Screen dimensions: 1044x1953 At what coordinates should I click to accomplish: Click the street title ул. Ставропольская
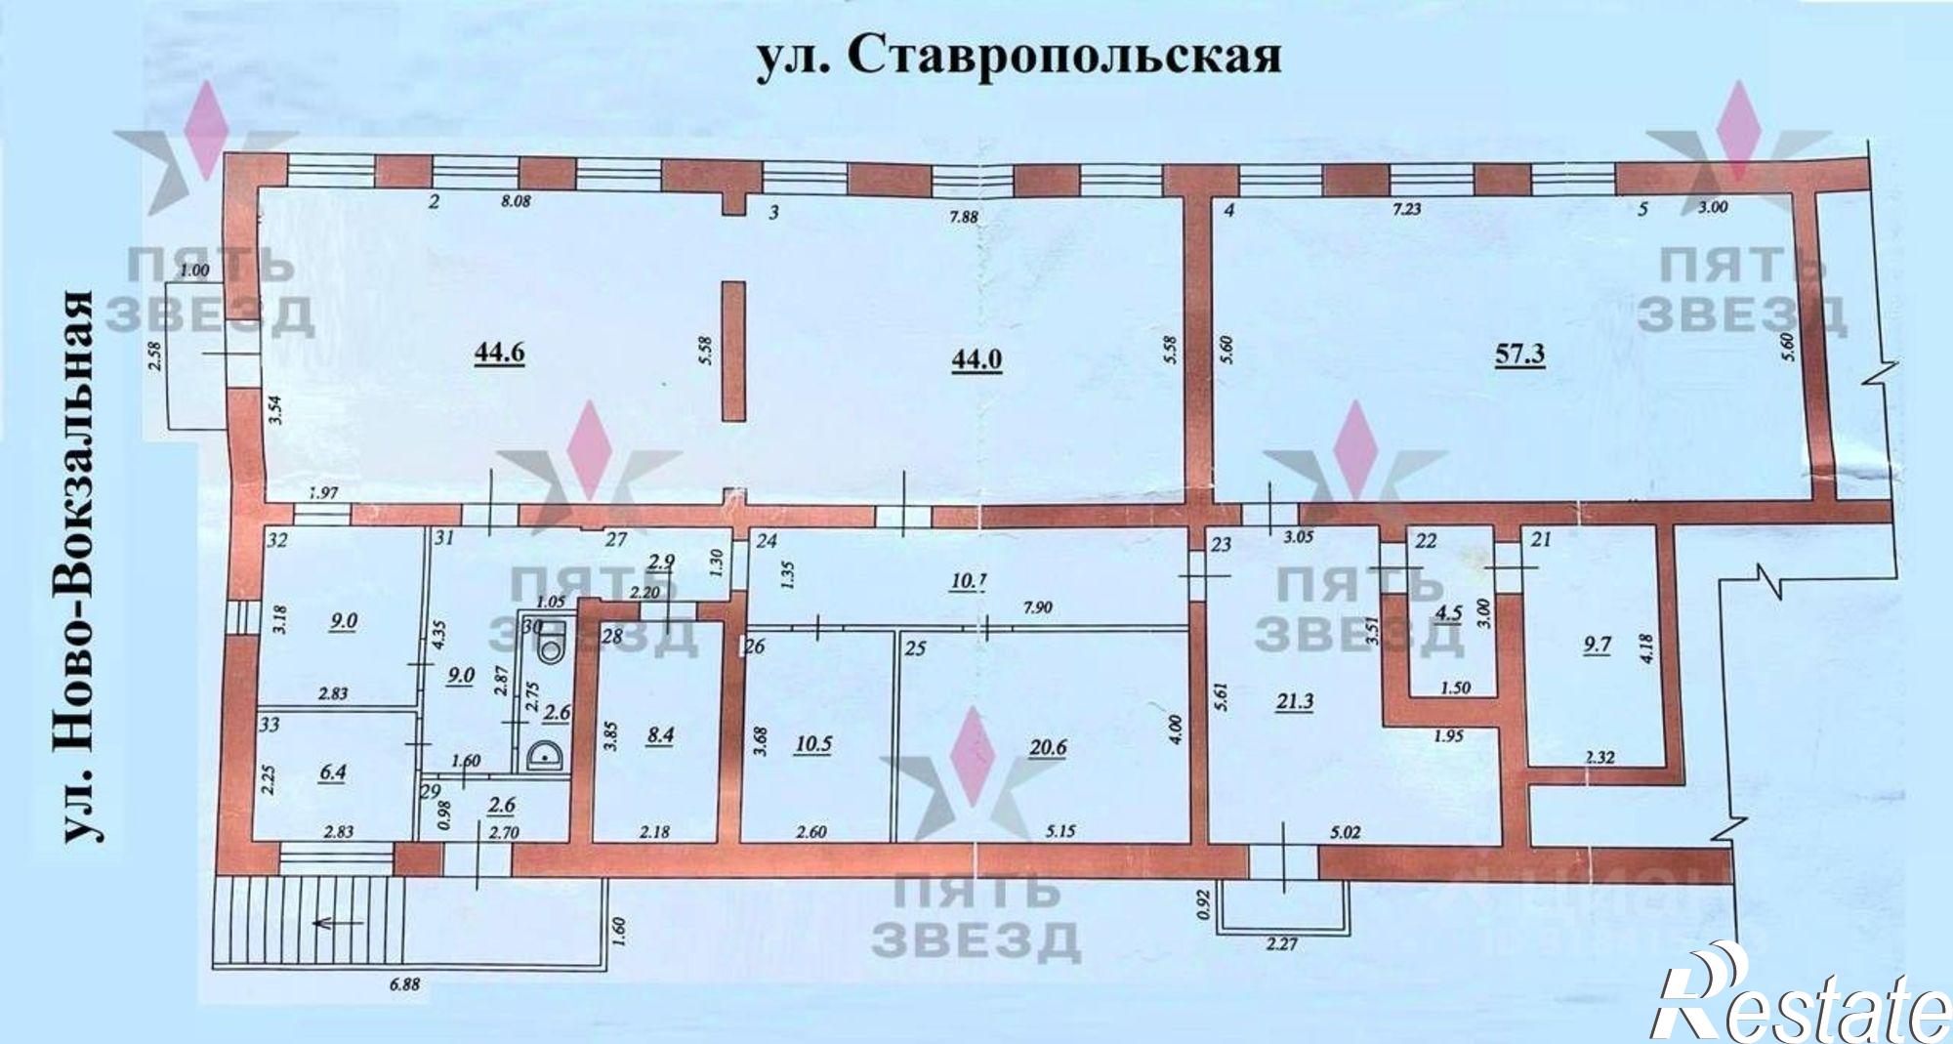coord(1018,58)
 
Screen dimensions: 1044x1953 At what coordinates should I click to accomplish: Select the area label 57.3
coord(1519,354)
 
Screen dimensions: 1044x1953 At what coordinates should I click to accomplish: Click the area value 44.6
coord(499,353)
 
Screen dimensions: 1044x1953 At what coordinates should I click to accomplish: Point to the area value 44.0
coord(976,358)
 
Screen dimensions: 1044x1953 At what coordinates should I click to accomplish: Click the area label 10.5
coord(813,743)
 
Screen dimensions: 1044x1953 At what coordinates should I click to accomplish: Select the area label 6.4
coord(333,772)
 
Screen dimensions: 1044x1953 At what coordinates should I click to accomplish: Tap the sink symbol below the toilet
coord(540,754)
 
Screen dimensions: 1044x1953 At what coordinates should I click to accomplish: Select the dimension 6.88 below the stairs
coord(403,984)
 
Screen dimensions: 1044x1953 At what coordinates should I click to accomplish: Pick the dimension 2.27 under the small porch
coord(1281,944)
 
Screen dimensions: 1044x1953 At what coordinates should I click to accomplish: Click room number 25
coord(915,646)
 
